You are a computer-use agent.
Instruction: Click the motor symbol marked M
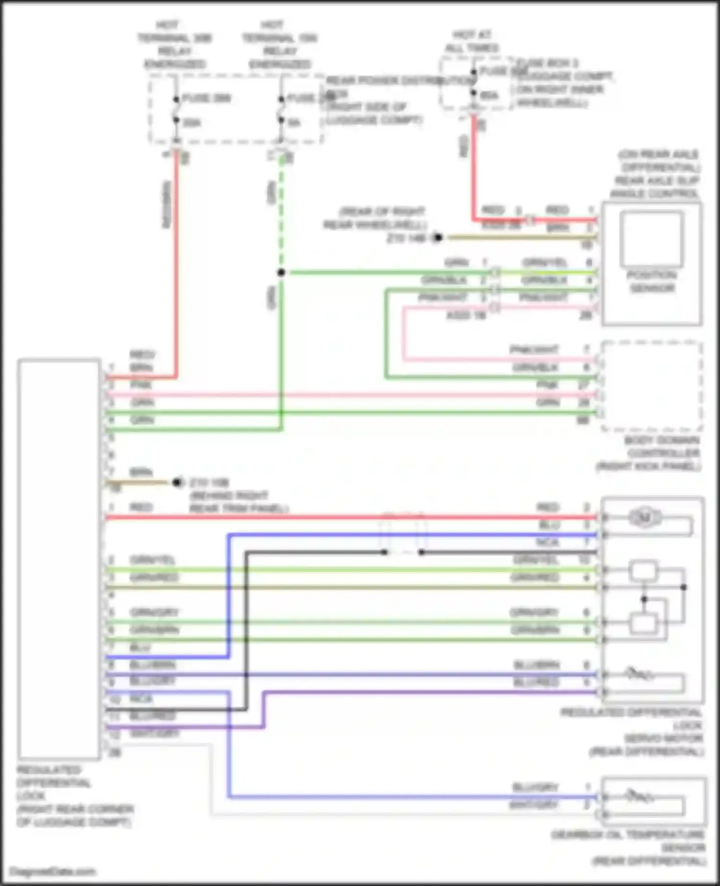pos(645,517)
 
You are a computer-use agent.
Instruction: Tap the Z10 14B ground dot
pos(437,238)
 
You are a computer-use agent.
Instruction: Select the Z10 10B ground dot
pos(178,482)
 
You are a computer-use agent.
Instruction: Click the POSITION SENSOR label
pos(652,282)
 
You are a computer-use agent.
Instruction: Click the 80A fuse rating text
pos(489,96)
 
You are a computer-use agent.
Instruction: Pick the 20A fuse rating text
pos(192,123)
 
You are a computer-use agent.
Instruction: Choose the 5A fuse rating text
pos(295,123)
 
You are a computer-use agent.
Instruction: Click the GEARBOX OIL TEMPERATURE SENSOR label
pos(629,848)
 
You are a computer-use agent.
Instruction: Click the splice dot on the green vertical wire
pos(281,273)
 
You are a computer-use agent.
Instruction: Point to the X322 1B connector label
pos(467,315)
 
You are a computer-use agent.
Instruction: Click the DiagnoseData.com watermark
pos(53,871)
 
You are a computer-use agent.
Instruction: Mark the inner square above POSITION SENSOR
pos(651,239)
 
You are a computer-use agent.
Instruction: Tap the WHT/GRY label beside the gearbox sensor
pos(533,805)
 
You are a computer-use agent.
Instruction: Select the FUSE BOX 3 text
pos(547,63)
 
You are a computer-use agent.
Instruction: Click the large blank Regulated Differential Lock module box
pos(59,559)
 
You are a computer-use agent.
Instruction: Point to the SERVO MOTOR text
pos(663,738)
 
